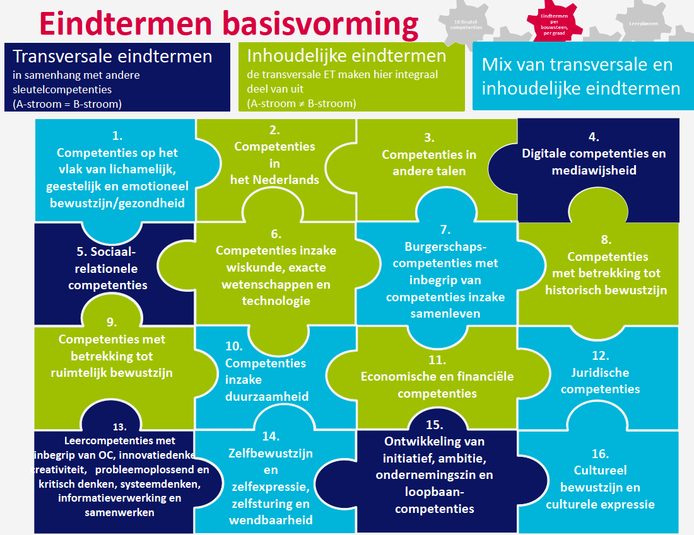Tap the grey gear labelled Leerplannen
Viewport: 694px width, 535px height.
click(x=643, y=23)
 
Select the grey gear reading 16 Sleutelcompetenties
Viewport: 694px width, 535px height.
click(x=468, y=24)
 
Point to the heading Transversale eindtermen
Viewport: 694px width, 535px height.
click(x=112, y=57)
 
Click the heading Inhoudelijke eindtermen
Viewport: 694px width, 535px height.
click(x=346, y=56)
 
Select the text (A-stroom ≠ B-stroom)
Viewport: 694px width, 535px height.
click(x=301, y=103)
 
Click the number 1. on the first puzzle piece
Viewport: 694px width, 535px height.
click(x=117, y=135)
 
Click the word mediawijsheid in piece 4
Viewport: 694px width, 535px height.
click(x=594, y=170)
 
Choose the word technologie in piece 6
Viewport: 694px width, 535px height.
click(x=276, y=301)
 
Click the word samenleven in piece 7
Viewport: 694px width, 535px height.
click(x=445, y=313)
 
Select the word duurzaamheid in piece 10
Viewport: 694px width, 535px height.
click(x=267, y=396)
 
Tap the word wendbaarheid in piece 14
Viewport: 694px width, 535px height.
click(x=271, y=520)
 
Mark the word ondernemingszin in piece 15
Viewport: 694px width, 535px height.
click(x=434, y=475)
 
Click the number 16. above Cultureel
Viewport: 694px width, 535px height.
click(x=600, y=454)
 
